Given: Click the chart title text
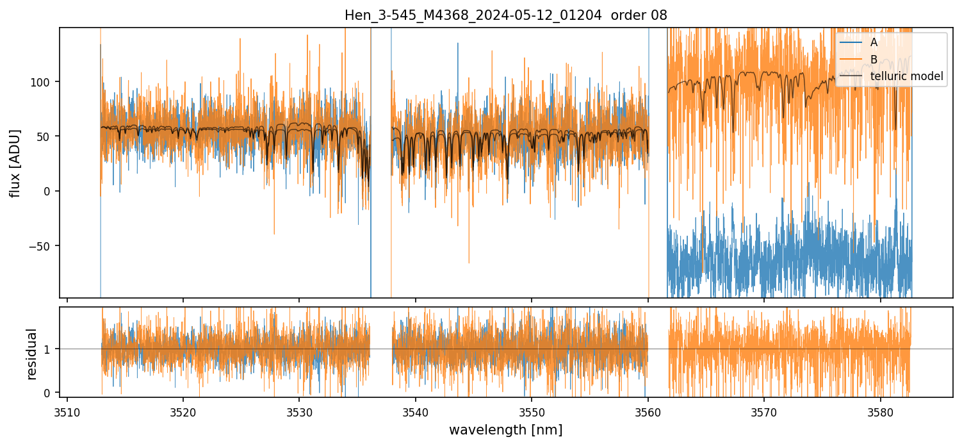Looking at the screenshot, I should click(x=506, y=15).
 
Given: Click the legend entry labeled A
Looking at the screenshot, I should click(x=874, y=42).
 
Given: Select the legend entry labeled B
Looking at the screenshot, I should click(x=874, y=60).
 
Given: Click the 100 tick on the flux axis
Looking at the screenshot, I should click(x=45, y=82).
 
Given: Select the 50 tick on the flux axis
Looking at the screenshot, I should click(x=48, y=136).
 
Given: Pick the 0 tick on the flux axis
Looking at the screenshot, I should click(x=51, y=192).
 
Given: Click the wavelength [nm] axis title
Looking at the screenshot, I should click(x=506, y=429).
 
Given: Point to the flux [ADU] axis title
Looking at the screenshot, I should click(x=15, y=163).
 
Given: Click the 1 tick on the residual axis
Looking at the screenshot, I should click(x=51, y=349).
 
